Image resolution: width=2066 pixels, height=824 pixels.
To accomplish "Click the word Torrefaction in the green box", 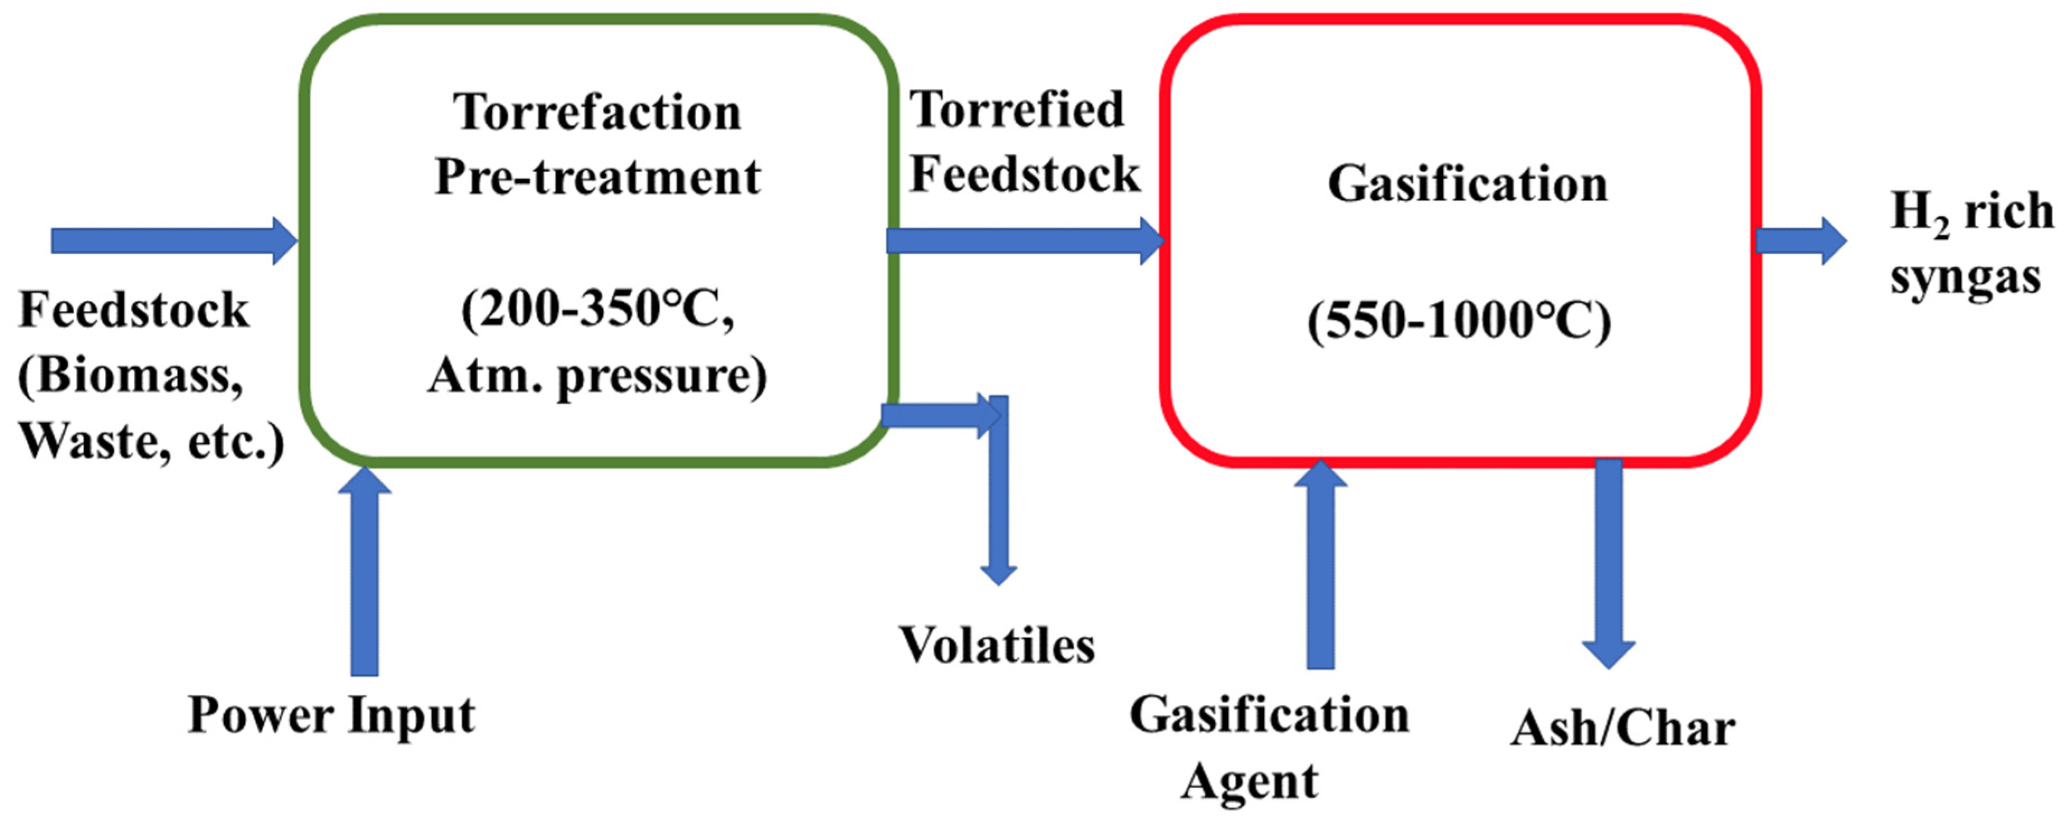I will (597, 112).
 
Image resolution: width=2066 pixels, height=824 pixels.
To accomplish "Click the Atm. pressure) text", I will (597, 376).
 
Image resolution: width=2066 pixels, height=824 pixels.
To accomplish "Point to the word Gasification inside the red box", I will (1467, 185).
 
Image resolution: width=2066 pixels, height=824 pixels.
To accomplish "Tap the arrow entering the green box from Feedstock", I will (172, 240).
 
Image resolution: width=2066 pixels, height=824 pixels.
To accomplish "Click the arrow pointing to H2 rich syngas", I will (1800, 240).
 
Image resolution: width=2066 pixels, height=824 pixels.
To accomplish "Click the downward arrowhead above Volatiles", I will (998, 572).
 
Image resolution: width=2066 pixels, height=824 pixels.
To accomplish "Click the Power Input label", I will (331, 715).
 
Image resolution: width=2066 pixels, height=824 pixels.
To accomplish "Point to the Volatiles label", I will (996, 645).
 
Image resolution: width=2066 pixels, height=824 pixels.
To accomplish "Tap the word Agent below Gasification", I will (1249, 782).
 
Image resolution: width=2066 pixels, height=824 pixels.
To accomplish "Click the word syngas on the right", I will (1965, 278).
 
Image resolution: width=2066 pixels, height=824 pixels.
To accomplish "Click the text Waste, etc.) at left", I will (151, 442).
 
